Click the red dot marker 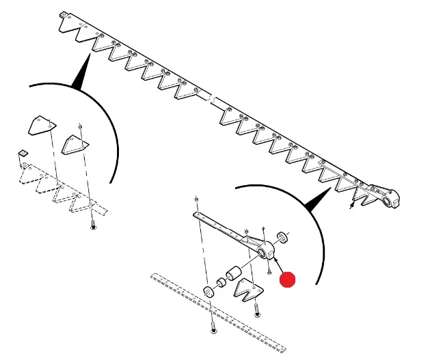pyautogui.click(x=288, y=279)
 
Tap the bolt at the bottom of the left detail pyautogui.click(x=93, y=226)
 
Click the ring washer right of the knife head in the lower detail pyautogui.click(x=282, y=238)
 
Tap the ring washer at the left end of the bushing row pyautogui.click(x=209, y=293)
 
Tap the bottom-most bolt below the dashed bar pyautogui.click(x=214, y=329)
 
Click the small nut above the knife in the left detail pyautogui.click(x=81, y=125)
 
